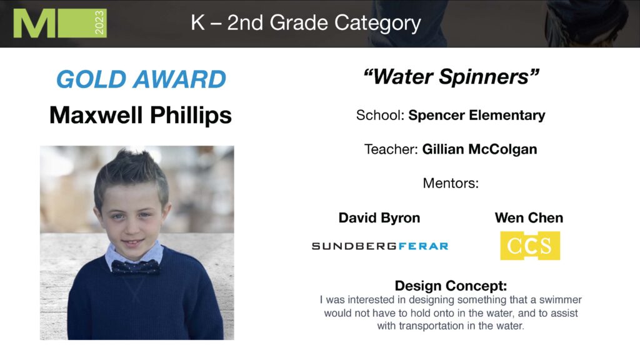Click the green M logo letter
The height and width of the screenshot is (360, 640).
coord(34,23)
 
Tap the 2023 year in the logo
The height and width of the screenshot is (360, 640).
coord(99,23)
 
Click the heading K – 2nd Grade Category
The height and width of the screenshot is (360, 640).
coord(306,23)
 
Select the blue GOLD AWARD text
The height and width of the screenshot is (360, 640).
coord(141,79)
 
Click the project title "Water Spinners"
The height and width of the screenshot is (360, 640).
coord(451,76)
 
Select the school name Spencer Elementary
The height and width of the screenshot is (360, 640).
coord(477,115)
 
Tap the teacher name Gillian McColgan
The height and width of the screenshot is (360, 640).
coord(479,149)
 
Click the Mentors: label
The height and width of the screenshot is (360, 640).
coord(451,183)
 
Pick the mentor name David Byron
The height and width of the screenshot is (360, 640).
coord(379,218)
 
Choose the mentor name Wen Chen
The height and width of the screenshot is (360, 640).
coord(529,217)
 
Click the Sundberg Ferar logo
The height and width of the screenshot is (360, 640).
coord(380,246)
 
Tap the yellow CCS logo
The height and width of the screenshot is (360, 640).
coord(530,246)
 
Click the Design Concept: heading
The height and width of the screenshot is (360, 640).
coord(451,286)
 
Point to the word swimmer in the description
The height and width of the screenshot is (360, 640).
coord(561,300)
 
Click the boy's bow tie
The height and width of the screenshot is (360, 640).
coord(135,267)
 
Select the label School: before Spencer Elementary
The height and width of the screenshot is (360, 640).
coord(380,115)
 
